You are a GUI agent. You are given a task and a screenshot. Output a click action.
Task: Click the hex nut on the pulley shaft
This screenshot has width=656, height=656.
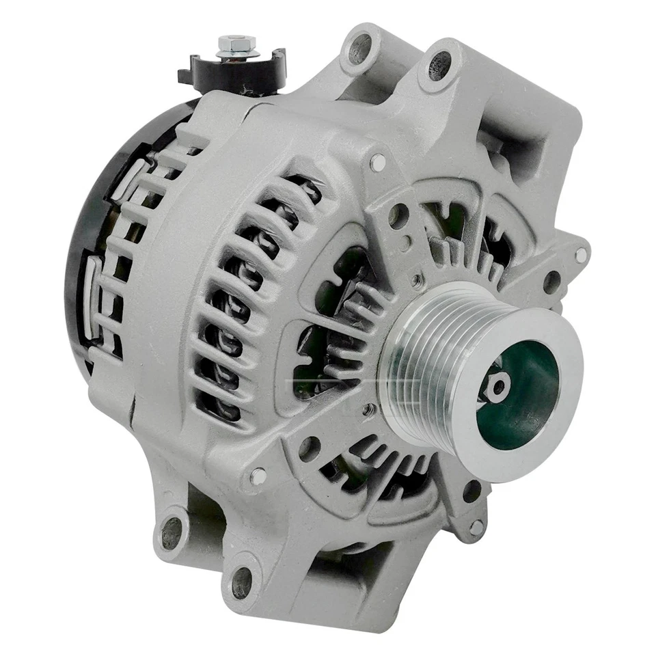point(497,387)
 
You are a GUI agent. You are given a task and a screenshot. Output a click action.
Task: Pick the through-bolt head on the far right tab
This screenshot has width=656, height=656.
point(580,255)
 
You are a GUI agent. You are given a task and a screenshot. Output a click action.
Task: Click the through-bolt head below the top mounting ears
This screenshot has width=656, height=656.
point(377,162)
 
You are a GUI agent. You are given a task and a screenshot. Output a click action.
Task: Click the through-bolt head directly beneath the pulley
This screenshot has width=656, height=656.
point(476,527)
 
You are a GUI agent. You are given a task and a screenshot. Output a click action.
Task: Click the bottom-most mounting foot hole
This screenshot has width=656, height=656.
point(242,582)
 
